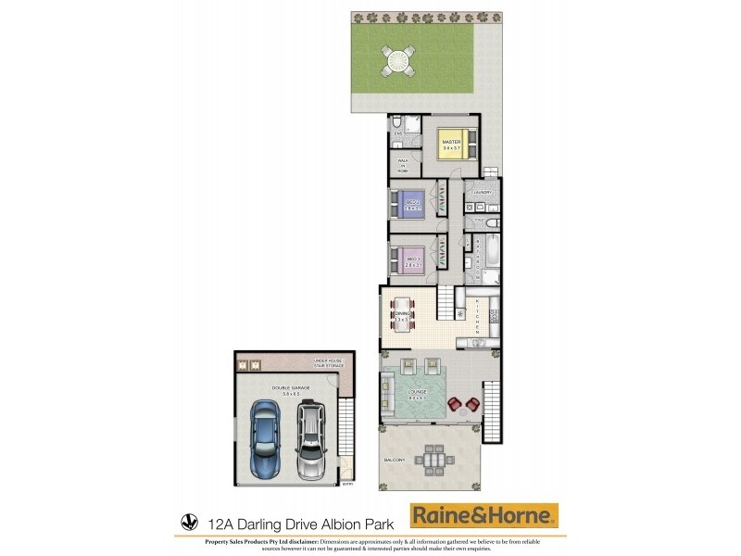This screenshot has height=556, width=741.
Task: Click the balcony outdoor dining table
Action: tap(432, 457)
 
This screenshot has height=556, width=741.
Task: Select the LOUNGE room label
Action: tap(416, 393)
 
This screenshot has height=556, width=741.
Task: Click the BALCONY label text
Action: tap(394, 460)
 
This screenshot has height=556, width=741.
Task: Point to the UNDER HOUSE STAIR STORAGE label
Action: tap(329, 362)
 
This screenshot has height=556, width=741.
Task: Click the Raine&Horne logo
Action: tap(484, 515)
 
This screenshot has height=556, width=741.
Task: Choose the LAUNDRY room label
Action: tap(481, 192)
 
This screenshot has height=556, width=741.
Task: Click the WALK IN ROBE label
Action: tap(403, 165)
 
